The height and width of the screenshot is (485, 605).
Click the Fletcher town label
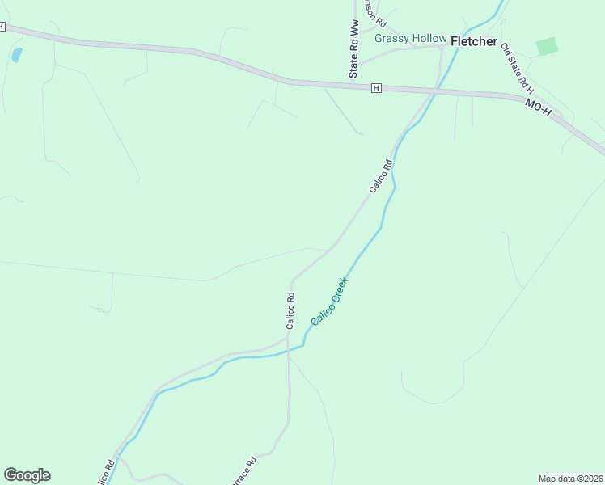tap(473, 41)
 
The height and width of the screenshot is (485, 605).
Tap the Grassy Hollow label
tap(410, 38)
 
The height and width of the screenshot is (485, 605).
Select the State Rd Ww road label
tap(353, 49)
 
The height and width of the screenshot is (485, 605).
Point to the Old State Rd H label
tap(516, 68)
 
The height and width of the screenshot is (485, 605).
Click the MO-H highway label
tap(538, 108)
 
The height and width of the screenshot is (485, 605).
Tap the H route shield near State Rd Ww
tap(376, 87)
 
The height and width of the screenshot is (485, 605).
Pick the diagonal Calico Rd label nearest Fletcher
tap(380, 175)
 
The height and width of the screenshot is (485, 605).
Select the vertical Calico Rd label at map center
tap(290, 310)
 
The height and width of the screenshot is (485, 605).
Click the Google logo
tap(27, 475)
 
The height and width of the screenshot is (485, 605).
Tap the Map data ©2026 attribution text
tap(571, 479)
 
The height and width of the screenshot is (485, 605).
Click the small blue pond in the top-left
tap(17, 55)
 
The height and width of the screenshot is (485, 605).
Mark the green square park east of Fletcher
tap(547, 46)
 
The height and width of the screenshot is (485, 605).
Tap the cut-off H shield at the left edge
tap(2, 27)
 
